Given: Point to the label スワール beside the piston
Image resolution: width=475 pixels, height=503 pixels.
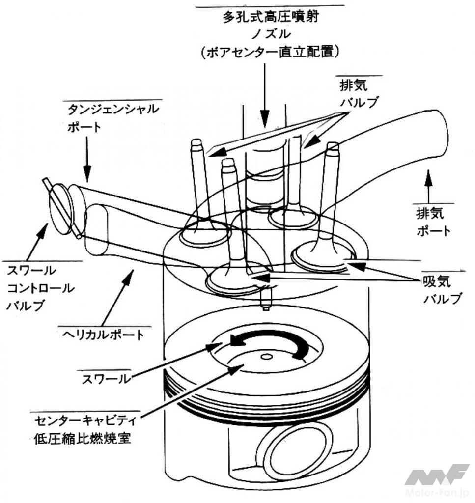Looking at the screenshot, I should point(108,379).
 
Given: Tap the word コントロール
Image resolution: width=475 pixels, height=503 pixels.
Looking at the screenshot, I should point(40,288).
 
